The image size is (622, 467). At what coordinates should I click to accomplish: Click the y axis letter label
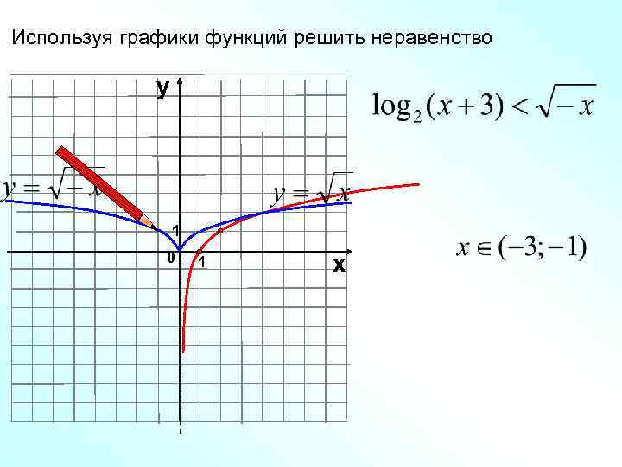coord(162,87)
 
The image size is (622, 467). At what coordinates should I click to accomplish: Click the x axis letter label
coord(339,265)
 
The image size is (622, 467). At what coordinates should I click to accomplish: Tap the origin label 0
coord(170,259)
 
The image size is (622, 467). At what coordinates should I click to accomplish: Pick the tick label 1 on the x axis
coord(200,264)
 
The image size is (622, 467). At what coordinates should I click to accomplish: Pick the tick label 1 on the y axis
coord(175,231)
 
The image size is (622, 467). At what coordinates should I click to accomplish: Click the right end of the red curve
coord(418,184)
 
